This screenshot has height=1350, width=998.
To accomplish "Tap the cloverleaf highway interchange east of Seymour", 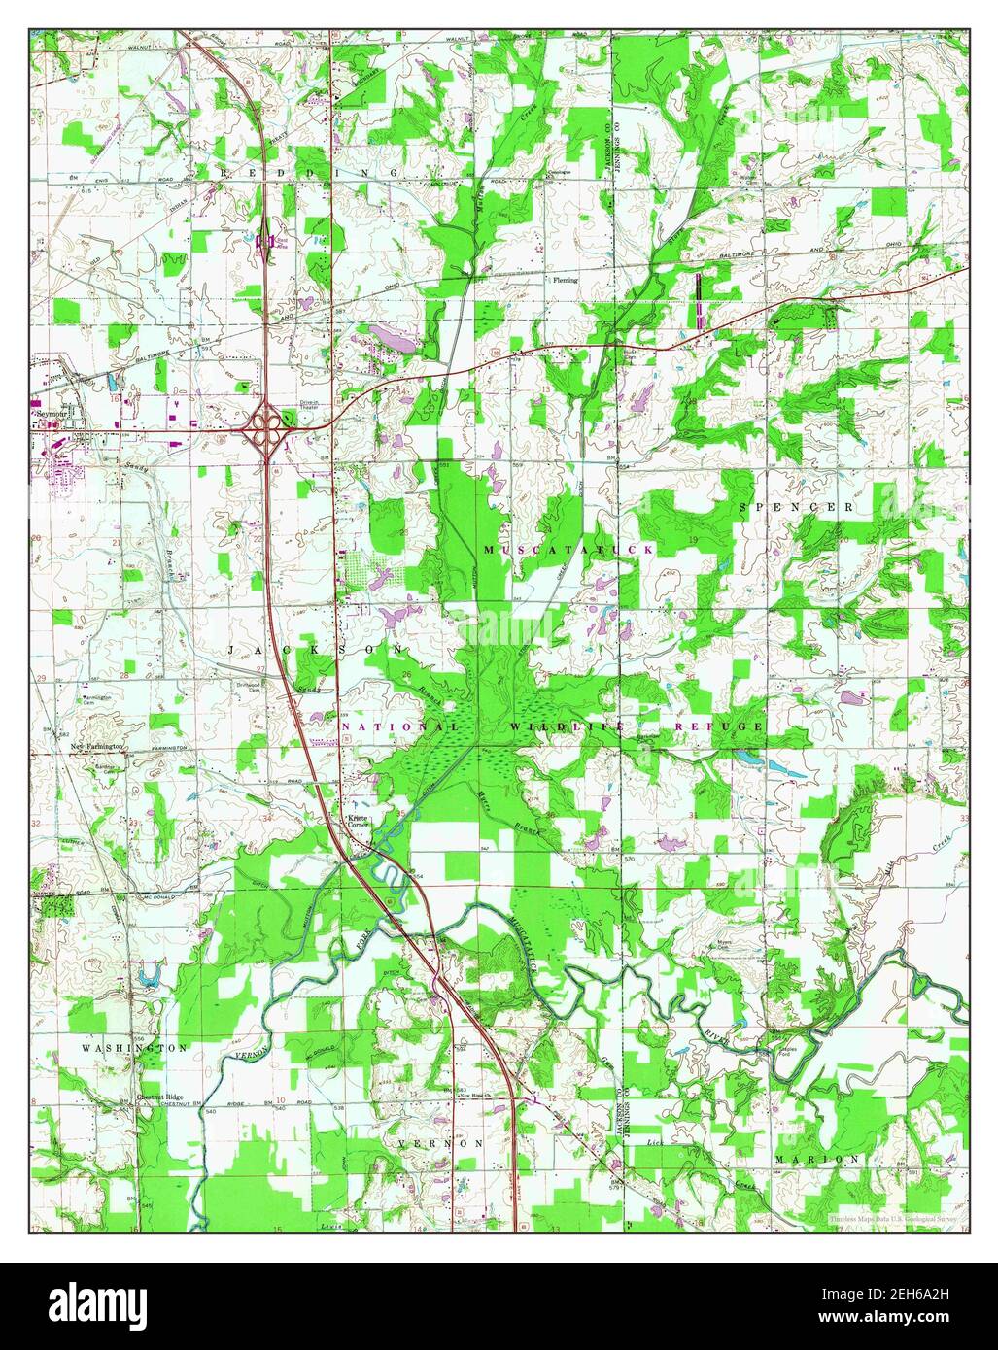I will [267, 423].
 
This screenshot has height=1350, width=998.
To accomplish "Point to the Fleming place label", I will [565, 280].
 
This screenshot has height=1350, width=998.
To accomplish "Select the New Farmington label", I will [97, 746].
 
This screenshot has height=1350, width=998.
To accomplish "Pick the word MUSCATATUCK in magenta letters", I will [568, 550].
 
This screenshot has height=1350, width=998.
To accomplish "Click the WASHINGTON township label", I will [134, 1049].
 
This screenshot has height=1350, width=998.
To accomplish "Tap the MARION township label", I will [817, 1160].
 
